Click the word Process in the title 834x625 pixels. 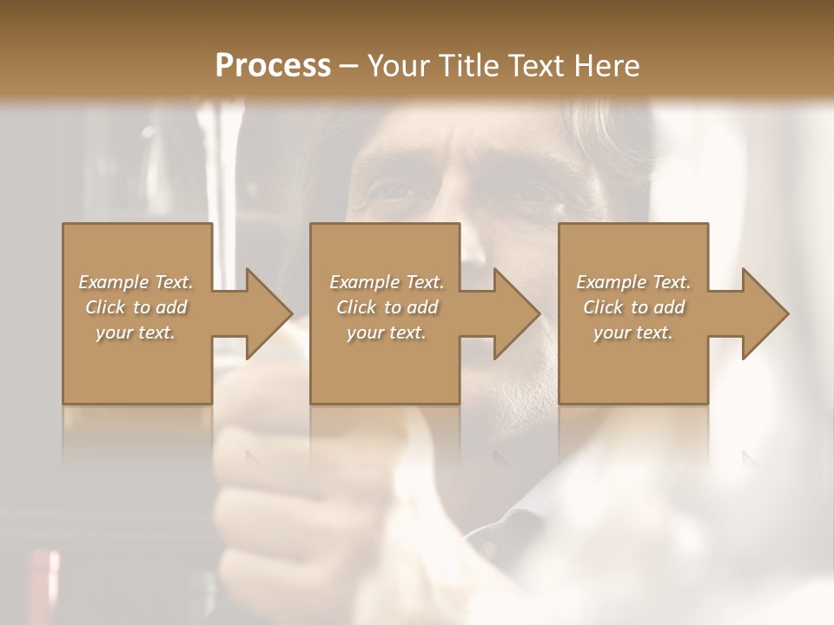click(273, 66)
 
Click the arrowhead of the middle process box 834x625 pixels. click(516, 313)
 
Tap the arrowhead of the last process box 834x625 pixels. click(764, 313)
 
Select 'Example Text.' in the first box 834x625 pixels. click(136, 282)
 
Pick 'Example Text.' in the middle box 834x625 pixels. click(387, 282)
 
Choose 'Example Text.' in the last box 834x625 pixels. click(633, 282)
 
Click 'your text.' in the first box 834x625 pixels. click(136, 332)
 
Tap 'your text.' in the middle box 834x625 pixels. click(387, 332)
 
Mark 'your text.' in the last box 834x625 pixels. click(633, 332)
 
